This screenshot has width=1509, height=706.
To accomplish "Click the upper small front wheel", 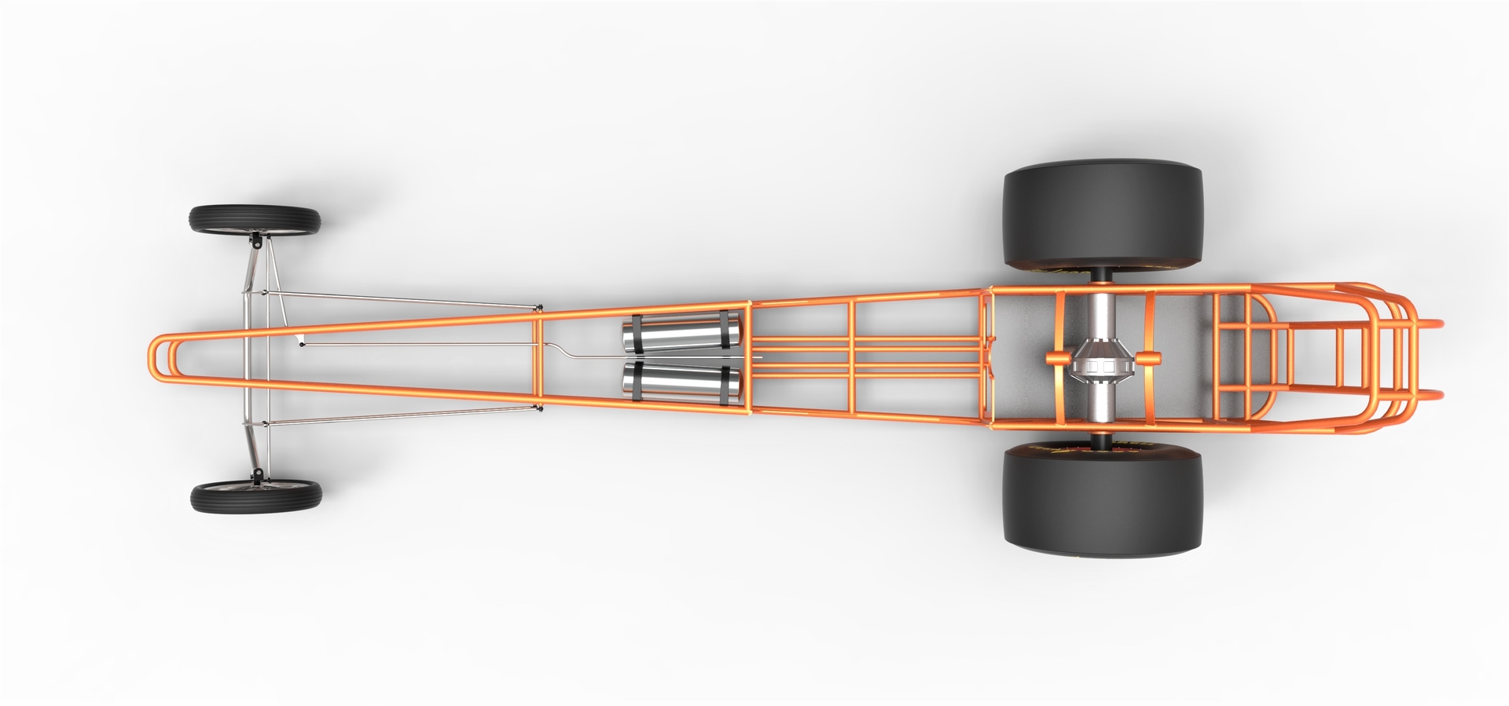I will tap(254, 219).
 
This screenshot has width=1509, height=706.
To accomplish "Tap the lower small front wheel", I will tap(256, 497).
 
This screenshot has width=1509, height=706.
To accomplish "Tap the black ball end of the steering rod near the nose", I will tap(301, 342).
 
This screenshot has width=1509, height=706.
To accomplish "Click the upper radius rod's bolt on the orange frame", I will tap(539, 309).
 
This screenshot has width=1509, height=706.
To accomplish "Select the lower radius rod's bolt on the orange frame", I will tap(539, 408).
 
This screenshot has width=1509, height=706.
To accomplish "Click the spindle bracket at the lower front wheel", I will tap(256, 475).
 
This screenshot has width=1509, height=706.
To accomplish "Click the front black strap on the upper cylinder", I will tap(636, 334).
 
